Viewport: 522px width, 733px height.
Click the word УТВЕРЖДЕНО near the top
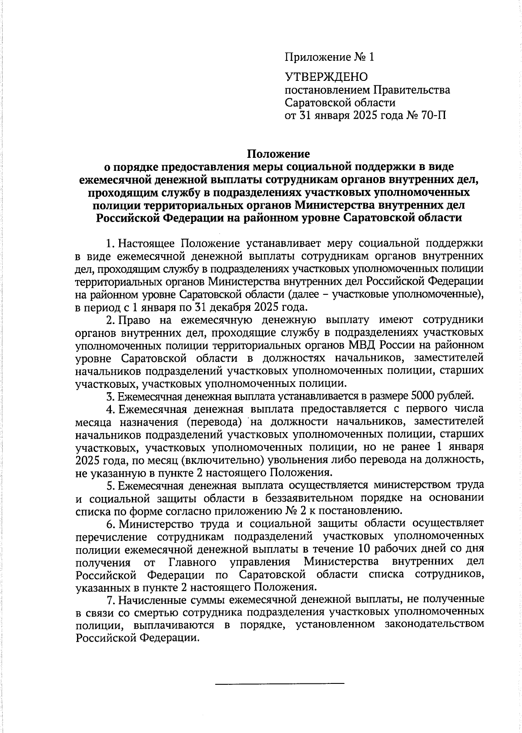[x=326, y=77]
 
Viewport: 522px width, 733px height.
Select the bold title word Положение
[x=278, y=154]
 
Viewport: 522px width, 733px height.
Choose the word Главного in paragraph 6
[x=192, y=562]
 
